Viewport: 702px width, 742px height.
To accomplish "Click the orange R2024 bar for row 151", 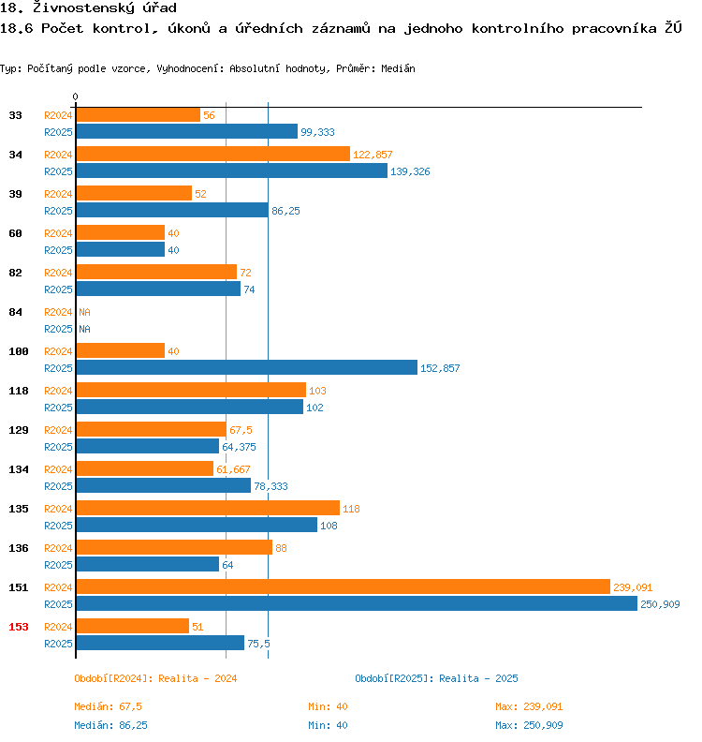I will point(343,586).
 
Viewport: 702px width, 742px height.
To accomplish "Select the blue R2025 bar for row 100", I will point(246,367).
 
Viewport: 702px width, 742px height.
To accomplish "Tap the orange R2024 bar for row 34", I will point(212,154).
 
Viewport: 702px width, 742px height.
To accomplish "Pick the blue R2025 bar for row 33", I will point(186,131).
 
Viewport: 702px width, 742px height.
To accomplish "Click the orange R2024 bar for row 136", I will point(174,547).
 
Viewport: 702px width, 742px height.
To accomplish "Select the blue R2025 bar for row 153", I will point(160,643).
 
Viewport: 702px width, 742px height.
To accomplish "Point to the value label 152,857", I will point(440,368).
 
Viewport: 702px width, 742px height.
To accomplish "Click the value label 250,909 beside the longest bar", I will point(660,604).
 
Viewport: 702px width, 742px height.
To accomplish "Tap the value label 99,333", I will point(317,132).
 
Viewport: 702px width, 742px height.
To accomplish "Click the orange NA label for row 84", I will point(84,312).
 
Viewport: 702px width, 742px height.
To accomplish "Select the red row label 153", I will point(19,627).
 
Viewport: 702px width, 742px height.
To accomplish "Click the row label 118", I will point(19,391).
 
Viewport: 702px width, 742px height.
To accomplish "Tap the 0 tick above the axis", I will point(76,96).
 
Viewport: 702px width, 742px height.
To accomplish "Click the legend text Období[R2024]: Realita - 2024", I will point(155,678).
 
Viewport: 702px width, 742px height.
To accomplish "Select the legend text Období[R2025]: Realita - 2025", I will point(436,678).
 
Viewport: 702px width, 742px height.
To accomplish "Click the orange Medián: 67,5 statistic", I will point(108,706).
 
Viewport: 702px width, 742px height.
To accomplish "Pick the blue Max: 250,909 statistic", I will point(529,725).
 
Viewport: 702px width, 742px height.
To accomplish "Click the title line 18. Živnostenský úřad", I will point(89,8).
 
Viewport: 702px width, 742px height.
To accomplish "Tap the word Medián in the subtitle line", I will point(398,68).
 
